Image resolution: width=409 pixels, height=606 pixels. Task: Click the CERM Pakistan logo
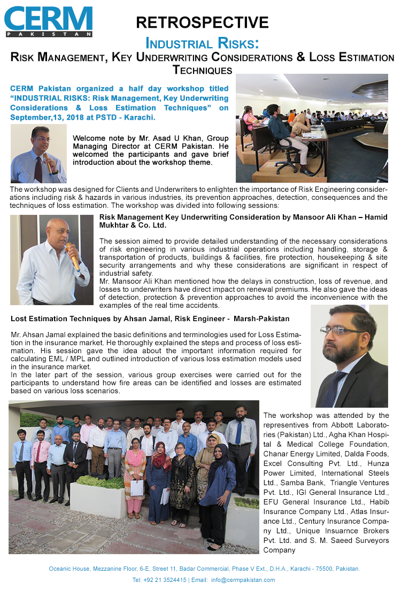click(49, 21)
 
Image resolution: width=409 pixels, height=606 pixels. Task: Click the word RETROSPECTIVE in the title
click(202, 22)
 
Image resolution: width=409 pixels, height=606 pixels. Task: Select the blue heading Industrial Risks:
click(202, 43)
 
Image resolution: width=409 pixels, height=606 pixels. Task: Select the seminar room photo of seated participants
click(312, 128)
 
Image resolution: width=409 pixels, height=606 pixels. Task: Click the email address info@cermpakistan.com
click(243, 580)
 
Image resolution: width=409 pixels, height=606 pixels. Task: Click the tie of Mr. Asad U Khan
click(38, 169)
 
